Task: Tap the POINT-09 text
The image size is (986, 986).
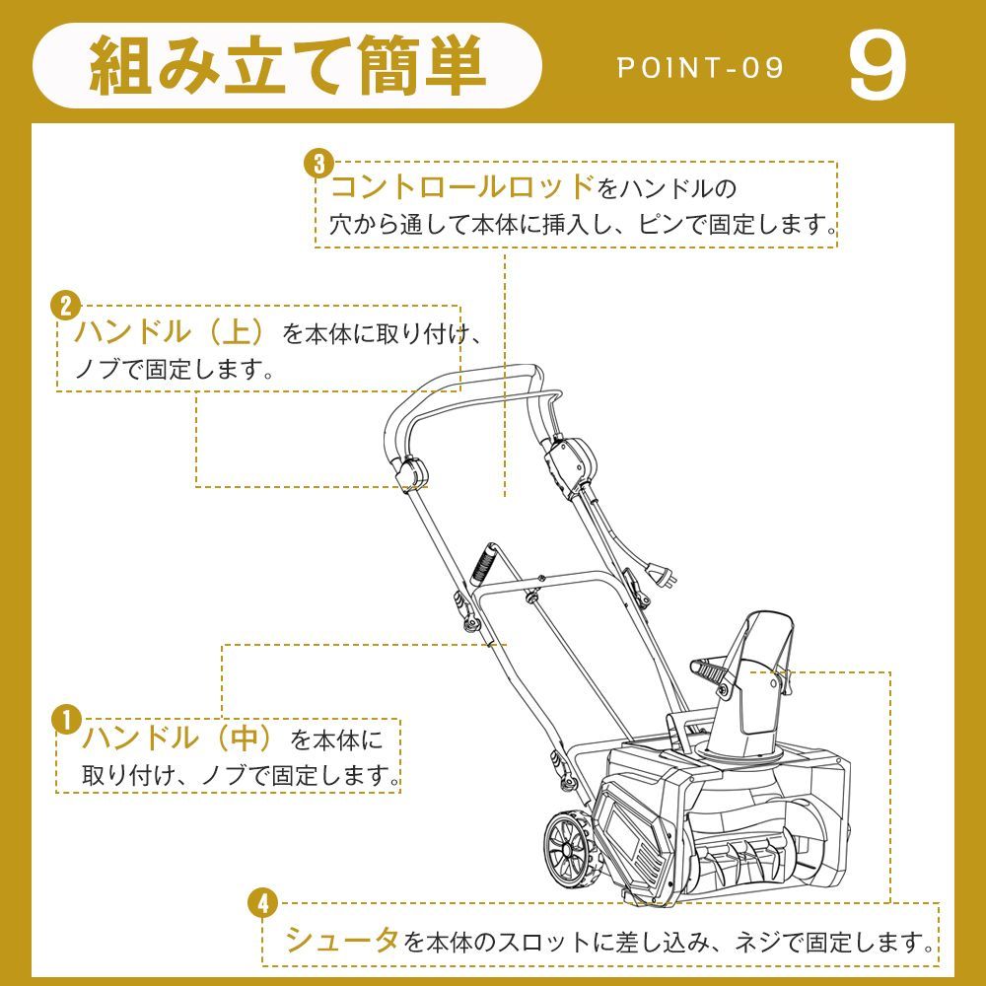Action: tap(700, 68)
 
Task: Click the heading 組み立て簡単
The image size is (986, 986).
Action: tap(288, 68)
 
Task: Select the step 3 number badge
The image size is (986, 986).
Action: tap(317, 163)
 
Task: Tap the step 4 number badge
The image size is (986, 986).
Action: tap(262, 901)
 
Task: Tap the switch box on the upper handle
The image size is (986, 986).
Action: tap(569, 458)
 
